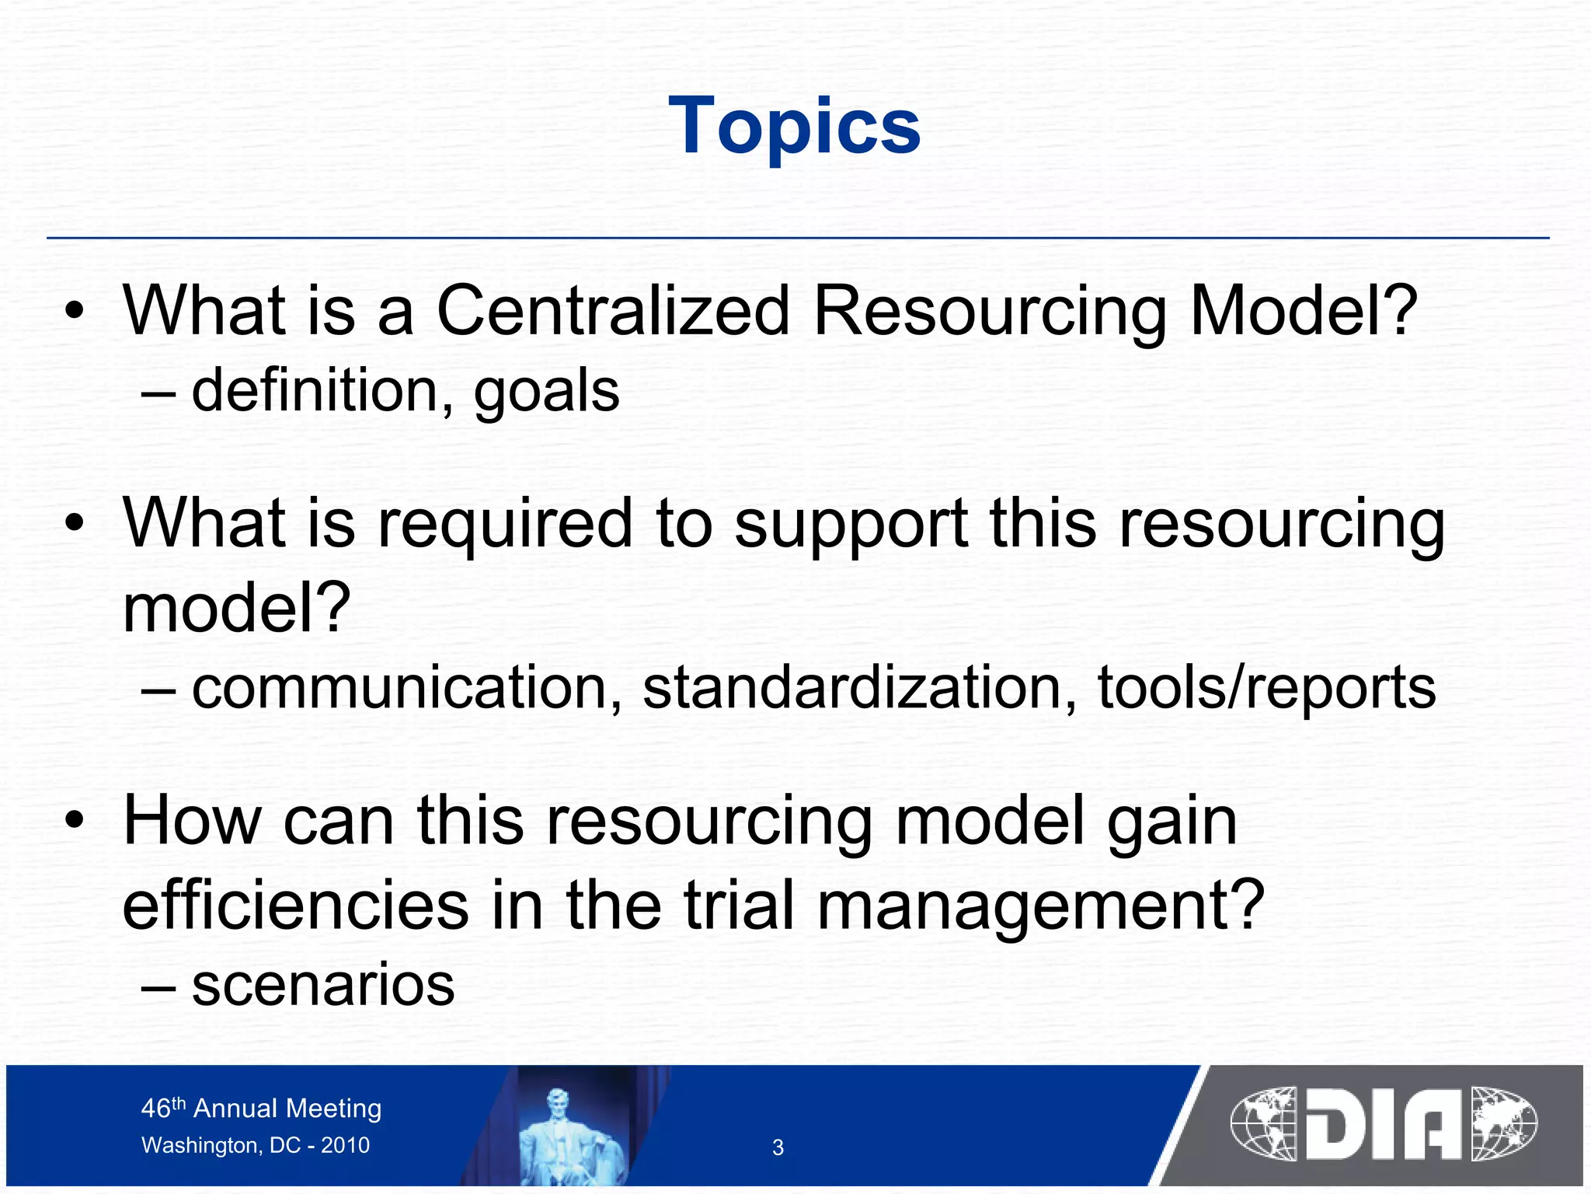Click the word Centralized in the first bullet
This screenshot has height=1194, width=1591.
point(613,311)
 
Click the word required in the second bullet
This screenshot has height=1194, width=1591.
point(505,525)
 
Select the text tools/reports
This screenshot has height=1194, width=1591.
point(1266,689)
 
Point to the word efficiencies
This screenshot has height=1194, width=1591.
point(296,905)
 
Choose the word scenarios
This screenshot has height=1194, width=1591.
point(323,986)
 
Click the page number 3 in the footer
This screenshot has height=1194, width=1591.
point(778,1147)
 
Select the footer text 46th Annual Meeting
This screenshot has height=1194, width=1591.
point(261,1108)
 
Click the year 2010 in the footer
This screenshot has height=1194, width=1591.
point(346,1145)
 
